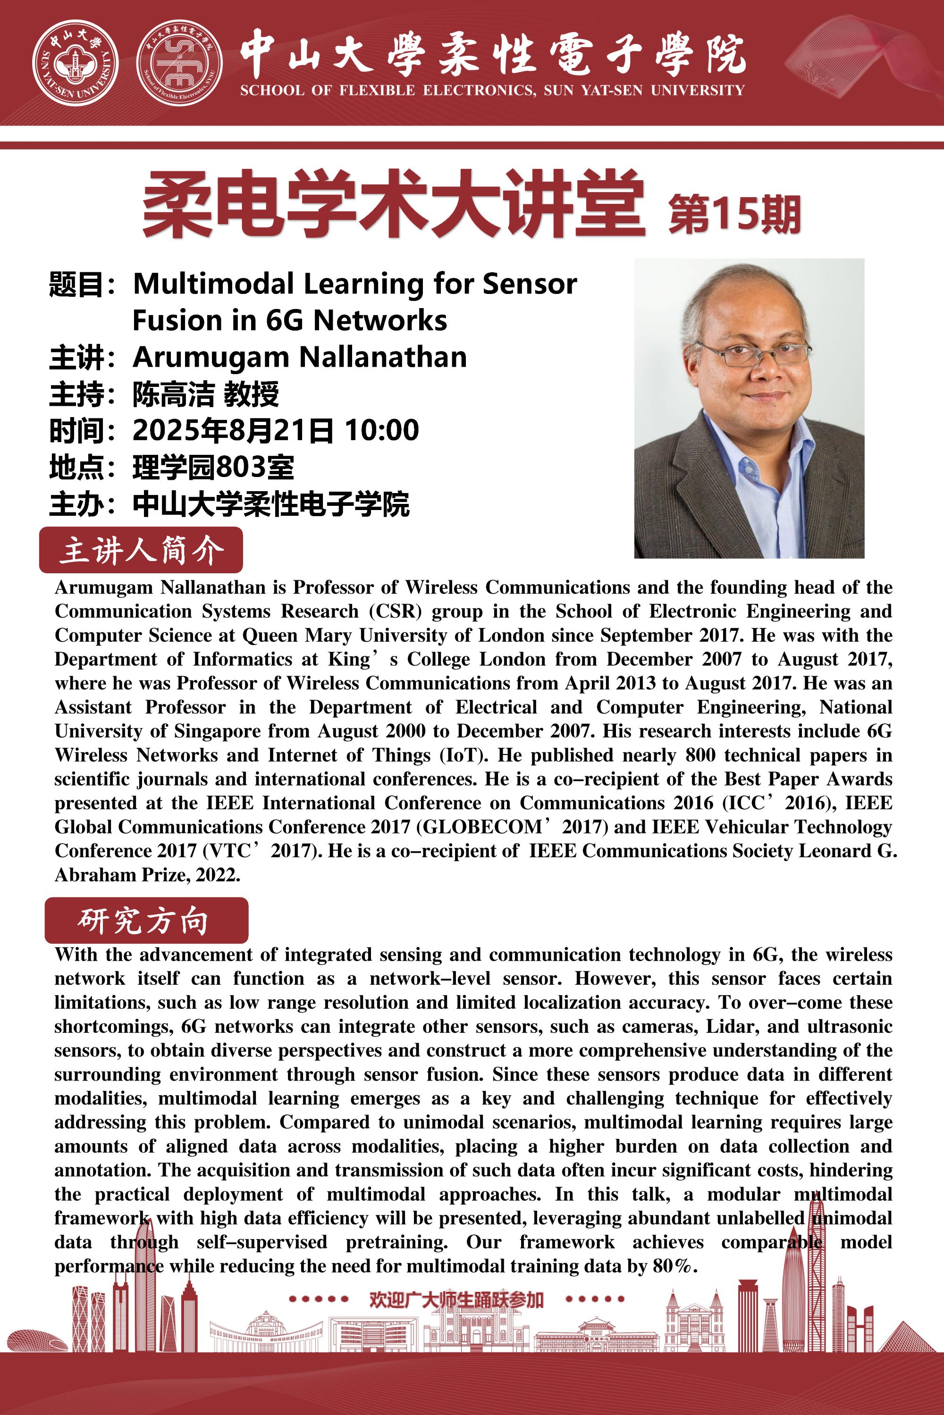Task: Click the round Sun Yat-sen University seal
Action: pyautogui.click(x=75, y=63)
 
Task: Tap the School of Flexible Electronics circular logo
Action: pyautogui.click(x=179, y=63)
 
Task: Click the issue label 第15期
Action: pyautogui.click(x=734, y=213)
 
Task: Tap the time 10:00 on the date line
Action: pyautogui.click(x=382, y=430)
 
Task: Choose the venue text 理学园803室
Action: pyautogui.click(x=213, y=467)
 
